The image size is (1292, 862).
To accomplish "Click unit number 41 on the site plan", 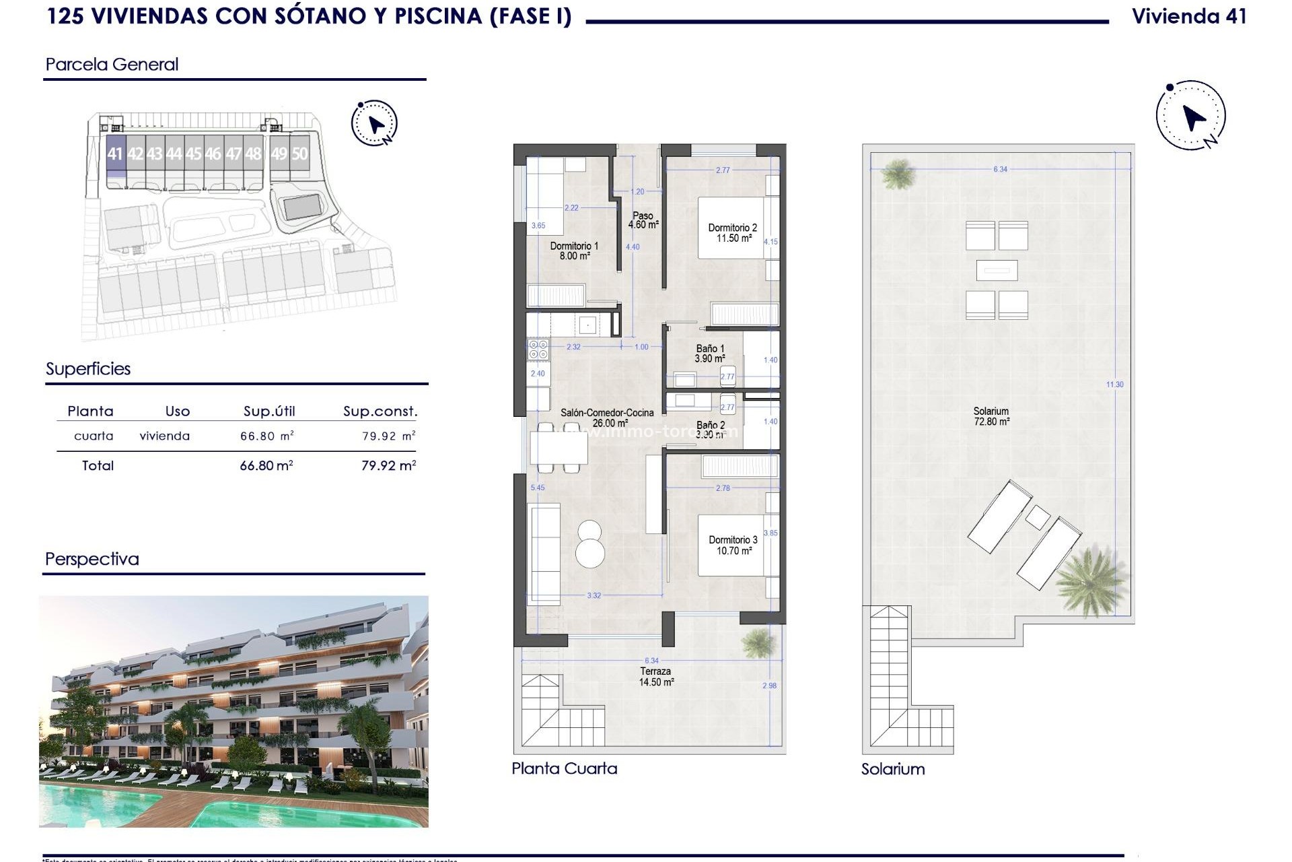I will [x=115, y=154].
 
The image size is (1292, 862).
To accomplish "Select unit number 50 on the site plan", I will [x=299, y=154].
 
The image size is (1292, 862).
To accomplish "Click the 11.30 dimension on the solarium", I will [x=1114, y=385].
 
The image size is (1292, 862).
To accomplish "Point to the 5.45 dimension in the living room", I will [x=537, y=488].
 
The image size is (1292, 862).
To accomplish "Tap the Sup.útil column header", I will [x=269, y=411].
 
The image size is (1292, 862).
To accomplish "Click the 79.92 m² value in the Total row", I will [x=388, y=465].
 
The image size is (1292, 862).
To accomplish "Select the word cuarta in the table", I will [x=94, y=436].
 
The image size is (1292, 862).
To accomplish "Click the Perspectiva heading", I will [x=92, y=559].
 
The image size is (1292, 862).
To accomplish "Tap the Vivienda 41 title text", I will [x=1189, y=16].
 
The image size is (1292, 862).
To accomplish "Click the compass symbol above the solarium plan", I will [x=1191, y=116].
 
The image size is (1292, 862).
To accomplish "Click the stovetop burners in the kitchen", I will [x=538, y=349].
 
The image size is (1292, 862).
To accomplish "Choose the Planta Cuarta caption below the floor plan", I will [x=564, y=768].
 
